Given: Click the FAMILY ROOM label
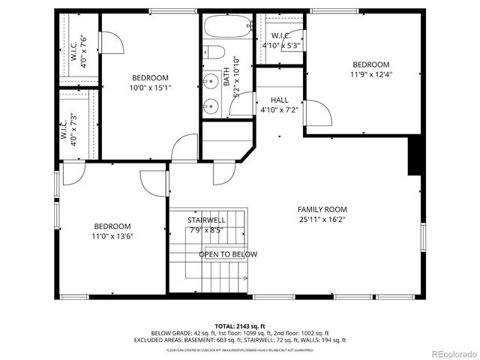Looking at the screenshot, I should tap(322, 209).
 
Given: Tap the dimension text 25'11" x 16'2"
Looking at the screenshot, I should tap(322, 220).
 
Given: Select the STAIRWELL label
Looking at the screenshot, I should tap(206, 220).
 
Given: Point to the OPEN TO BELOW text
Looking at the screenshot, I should tap(228, 254).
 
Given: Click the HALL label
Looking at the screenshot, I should tap(279, 100).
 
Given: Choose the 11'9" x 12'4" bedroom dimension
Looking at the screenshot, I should tap(371, 74).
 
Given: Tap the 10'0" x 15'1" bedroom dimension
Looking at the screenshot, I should tap(150, 88).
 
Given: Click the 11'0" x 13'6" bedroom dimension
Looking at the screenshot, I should tap(112, 236).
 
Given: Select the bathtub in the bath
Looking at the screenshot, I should tap(226, 29).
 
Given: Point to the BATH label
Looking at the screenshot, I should tap(226, 79).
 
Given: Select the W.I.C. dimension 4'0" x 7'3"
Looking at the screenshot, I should tap(73, 130).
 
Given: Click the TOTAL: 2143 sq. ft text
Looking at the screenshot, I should tap(239, 325).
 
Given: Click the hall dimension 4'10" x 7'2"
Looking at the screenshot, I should tap(279, 109).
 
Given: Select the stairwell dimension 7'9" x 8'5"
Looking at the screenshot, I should tap(206, 230).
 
